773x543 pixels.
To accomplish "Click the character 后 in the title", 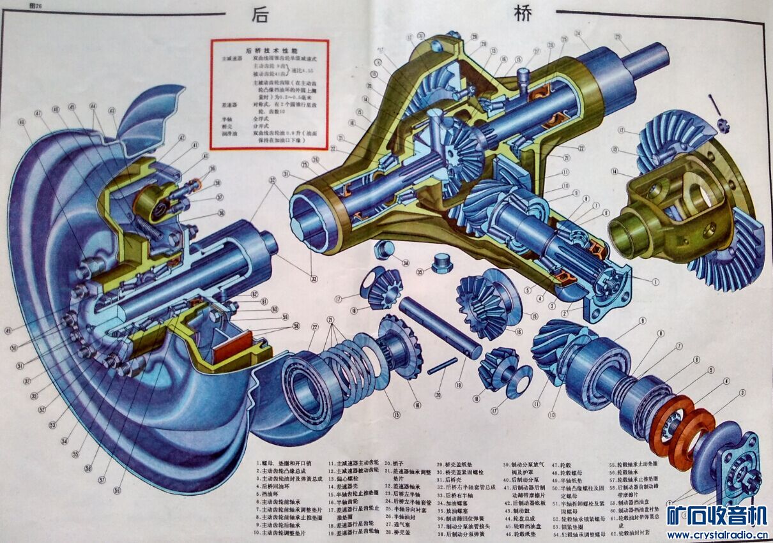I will [259, 14].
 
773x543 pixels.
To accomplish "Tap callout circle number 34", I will [405, 262].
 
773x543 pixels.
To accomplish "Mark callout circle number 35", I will [419, 272].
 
